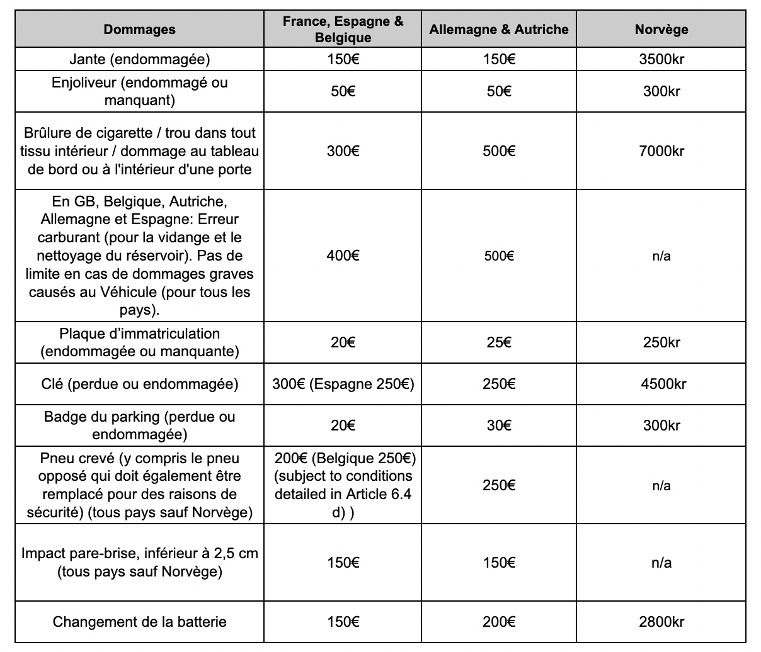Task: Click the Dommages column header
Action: (x=139, y=30)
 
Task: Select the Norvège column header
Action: (x=661, y=30)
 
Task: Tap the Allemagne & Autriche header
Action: (x=498, y=30)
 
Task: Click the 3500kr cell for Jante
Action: (x=661, y=60)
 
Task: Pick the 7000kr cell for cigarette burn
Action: (x=661, y=151)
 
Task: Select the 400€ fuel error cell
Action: (x=343, y=256)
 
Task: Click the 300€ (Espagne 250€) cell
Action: (x=343, y=384)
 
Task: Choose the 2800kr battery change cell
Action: (x=661, y=622)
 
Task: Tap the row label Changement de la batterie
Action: (x=139, y=622)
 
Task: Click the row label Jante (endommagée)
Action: (x=139, y=60)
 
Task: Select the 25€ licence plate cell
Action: (x=498, y=342)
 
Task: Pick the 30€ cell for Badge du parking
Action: (x=498, y=425)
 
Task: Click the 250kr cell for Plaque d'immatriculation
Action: (x=661, y=342)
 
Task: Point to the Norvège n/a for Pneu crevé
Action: (x=661, y=485)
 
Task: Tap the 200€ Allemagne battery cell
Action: (x=498, y=622)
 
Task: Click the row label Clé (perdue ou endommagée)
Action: (x=139, y=384)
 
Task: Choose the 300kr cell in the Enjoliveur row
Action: (x=661, y=91)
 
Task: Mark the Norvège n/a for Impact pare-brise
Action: (x=661, y=563)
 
